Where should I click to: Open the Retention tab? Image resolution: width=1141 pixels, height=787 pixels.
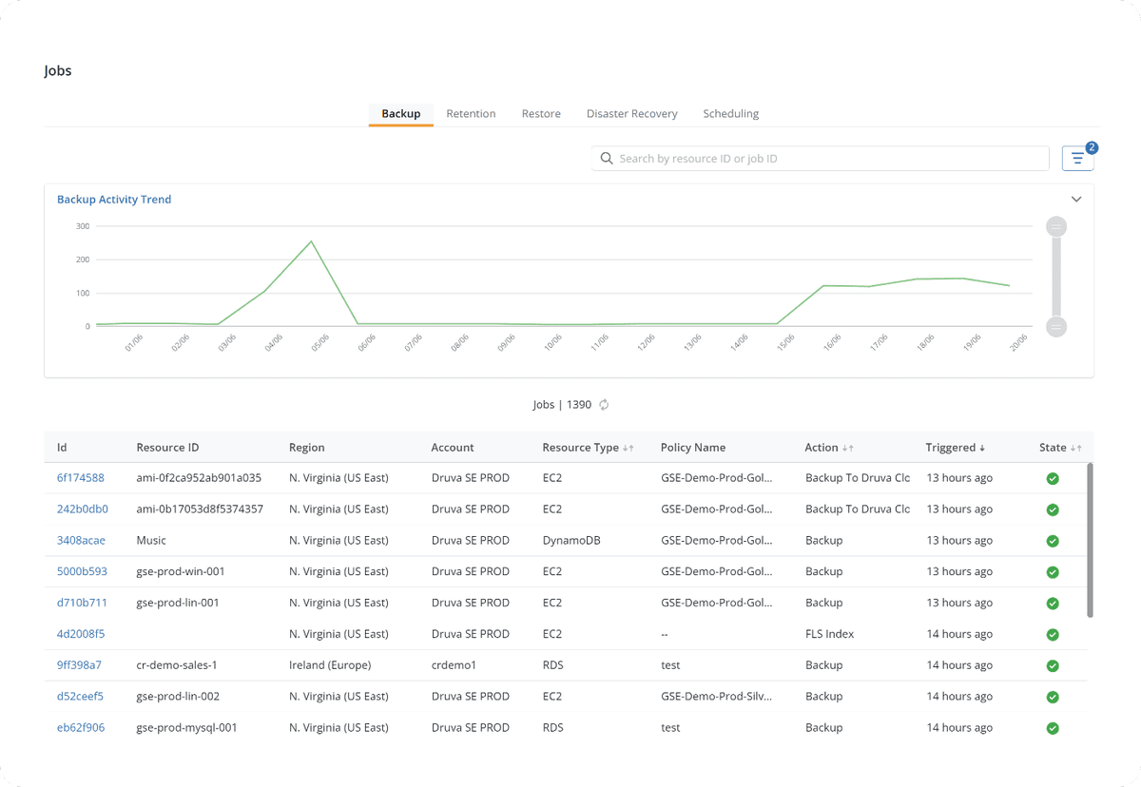471,114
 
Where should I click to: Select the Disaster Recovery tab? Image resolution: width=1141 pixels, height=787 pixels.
631,114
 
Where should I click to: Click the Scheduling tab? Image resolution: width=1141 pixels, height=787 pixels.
730,114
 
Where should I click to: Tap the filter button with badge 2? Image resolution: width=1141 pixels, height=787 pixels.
1077,159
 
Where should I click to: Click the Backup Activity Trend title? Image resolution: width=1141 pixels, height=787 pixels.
114,200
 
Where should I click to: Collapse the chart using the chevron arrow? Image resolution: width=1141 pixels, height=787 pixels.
1076,200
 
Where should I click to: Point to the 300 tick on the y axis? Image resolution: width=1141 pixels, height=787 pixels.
83,226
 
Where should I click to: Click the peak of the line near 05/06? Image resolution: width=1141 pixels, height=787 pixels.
311,241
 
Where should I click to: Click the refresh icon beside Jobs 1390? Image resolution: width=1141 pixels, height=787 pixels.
604,405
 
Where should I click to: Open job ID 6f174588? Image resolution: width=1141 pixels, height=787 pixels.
80,478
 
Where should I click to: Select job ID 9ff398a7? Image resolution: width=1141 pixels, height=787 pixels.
79,665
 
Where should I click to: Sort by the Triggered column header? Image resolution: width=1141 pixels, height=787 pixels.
955,448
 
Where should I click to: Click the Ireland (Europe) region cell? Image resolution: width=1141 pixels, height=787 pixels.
330,665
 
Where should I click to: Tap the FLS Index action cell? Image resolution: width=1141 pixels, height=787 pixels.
829,634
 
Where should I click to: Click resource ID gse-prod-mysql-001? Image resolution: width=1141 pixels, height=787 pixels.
186,728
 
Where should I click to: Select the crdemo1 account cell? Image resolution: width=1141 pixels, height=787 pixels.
454,665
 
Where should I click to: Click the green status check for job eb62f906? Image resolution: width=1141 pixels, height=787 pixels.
1053,728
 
